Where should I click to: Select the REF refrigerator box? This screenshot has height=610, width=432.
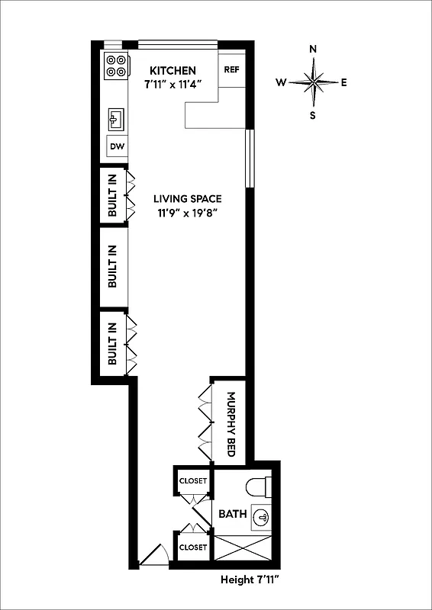(x=232, y=69)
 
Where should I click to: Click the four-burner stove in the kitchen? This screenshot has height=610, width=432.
(x=116, y=66)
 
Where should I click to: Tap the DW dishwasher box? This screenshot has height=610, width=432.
(x=117, y=146)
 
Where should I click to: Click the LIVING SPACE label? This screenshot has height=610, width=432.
(x=186, y=198)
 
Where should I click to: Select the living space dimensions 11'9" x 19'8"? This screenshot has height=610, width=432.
(x=186, y=213)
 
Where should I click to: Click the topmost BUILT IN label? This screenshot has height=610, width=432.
(x=113, y=195)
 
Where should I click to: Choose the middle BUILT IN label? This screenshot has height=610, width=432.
(x=113, y=267)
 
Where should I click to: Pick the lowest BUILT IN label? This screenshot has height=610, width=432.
(x=113, y=343)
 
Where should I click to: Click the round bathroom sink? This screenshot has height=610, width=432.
(x=262, y=516)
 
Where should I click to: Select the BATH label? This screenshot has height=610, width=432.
(x=232, y=514)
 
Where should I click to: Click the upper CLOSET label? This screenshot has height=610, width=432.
(x=192, y=481)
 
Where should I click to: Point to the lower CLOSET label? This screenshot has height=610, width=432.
(x=192, y=547)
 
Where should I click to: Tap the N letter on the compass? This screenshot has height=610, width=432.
(x=313, y=50)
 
